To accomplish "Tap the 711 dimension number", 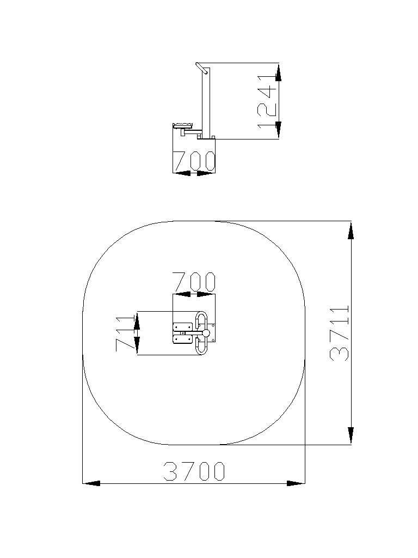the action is [x=125, y=333].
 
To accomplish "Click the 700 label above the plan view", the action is [x=194, y=282].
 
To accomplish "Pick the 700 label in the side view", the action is [x=194, y=161].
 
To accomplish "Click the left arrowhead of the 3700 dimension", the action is [x=91, y=483].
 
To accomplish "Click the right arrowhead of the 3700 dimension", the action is [x=296, y=483].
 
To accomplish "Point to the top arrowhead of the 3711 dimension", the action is [x=351, y=231].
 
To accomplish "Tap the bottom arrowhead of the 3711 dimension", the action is [x=351, y=435].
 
